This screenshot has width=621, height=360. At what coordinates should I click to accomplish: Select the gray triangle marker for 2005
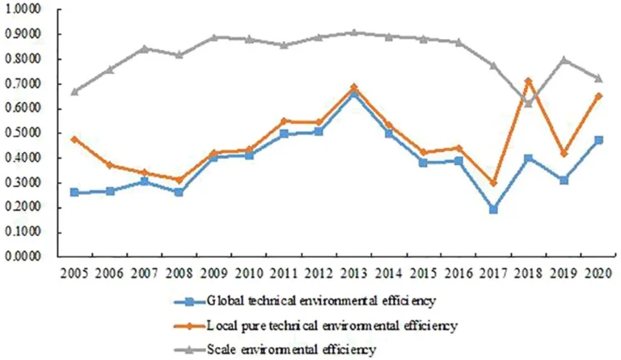click(74, 91)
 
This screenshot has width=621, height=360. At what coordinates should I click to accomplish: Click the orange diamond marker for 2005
click(74, 139)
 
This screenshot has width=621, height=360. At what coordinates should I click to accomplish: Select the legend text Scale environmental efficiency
click(291, 349)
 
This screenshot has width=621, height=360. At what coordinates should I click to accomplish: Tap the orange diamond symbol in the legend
click(188, 326)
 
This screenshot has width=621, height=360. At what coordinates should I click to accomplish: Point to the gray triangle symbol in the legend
click(188, 349)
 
